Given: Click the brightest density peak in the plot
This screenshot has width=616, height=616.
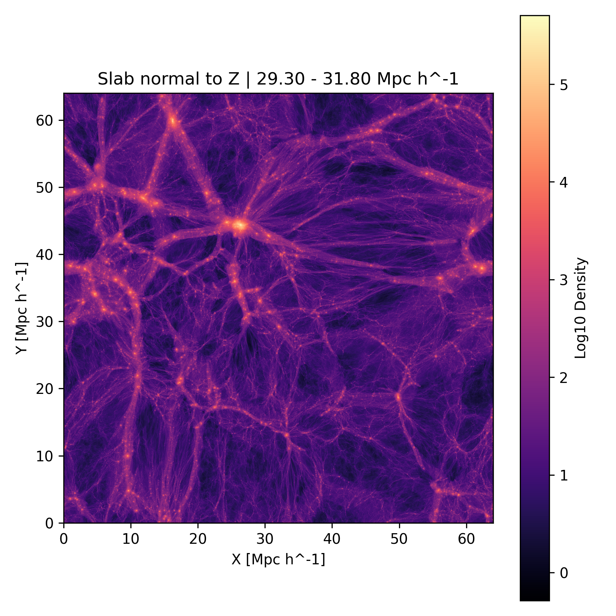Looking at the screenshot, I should coord(240,225).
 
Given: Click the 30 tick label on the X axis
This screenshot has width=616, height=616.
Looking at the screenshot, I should coord(265,539).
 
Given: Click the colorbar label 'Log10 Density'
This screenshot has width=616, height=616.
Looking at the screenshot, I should coord(581,308).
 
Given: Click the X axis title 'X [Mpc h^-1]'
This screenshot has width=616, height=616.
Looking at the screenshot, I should coord(278,559).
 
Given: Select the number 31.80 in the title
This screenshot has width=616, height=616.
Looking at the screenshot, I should coord(349,79).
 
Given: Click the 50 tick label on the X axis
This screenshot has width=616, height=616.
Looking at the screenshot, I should coord(399,539).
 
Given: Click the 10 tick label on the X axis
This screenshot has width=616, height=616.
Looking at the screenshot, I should coord(131,539).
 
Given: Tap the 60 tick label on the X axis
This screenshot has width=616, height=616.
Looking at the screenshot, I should coord(466,539).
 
